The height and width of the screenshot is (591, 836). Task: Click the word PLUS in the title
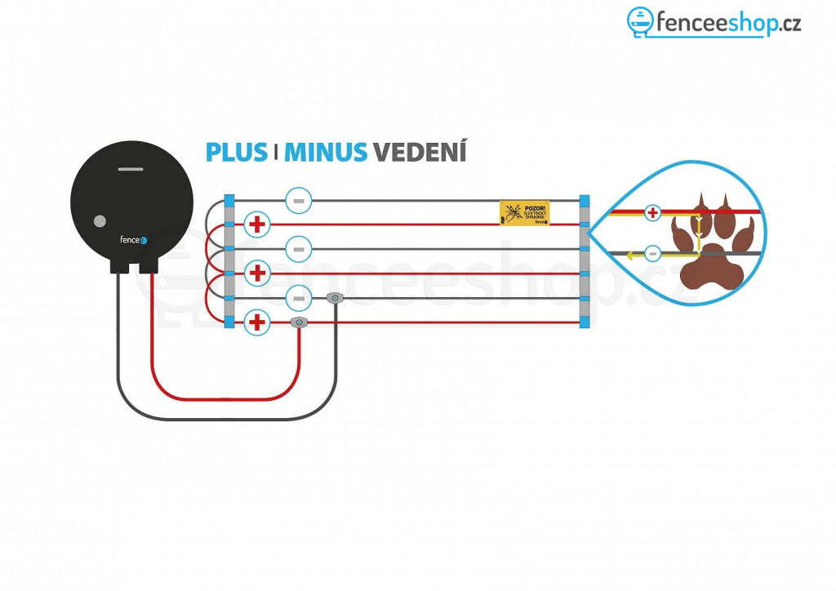point(236,152)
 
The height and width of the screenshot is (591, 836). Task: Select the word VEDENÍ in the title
point(420,152)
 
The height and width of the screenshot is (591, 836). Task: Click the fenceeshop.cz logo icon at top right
point(641,22)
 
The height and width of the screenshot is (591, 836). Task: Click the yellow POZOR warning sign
point(524,213)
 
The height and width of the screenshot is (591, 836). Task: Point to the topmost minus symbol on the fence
point(299,200)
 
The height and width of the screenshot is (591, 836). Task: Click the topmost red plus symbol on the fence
point(257,224)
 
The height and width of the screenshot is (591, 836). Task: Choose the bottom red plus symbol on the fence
point(257,322)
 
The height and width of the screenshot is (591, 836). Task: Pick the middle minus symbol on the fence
point(299,249)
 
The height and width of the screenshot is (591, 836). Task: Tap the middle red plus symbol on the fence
point(257,273)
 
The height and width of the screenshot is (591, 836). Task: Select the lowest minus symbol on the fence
point(299,298)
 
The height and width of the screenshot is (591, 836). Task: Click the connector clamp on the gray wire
point(334,299)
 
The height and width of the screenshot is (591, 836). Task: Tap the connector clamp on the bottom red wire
point(300,323)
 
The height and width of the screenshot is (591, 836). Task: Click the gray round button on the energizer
point(100,220)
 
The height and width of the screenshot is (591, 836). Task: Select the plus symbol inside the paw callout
point(652,213)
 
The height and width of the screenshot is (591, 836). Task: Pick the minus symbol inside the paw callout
point(652,254)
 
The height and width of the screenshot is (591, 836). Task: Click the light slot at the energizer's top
point(131,170)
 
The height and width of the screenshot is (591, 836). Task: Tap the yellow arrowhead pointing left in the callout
point(630,255)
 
